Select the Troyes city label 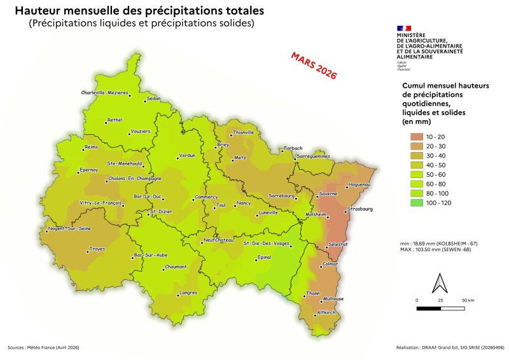(x=97, y=249)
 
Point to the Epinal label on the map (x=263, y=257)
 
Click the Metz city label (x=240, y=157)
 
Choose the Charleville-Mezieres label (x=105, y=93)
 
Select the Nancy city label (x=244, y=203)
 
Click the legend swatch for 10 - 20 (x=417, y=137)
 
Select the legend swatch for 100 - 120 (x=417, y=204)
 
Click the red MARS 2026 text (x=313, y=66)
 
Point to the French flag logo (x=403, y=29)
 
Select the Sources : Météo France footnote (x=44, y=348)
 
